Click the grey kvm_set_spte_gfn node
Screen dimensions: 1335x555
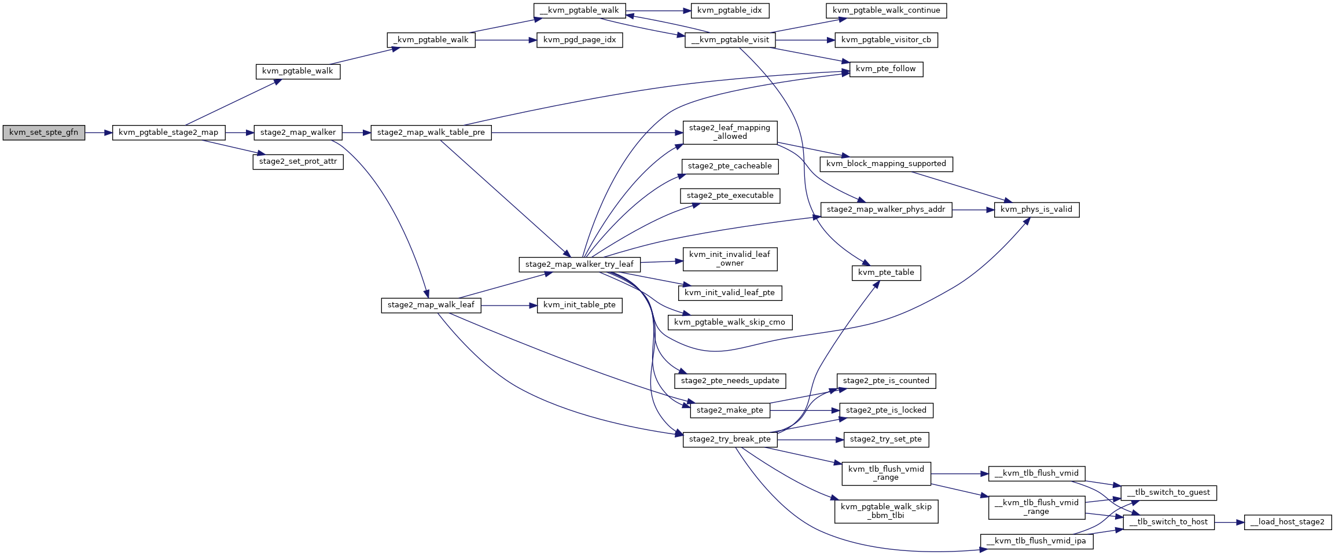tap(44, 133)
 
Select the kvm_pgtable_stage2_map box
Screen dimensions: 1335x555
tap(168, 133)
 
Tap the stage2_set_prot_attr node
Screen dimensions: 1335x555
tap(298, 161)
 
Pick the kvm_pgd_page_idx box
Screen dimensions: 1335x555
tap(580, 40)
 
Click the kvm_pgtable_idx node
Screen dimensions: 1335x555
tap(730, 10)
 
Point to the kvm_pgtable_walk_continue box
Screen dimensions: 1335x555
tap(887, 10)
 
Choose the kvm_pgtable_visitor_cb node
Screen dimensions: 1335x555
tap(886, 40)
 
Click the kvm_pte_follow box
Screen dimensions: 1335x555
tap(886, 69)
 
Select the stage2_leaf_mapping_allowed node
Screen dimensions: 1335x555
tap(730, 132)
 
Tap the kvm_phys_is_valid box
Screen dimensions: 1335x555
tap(1036, 209)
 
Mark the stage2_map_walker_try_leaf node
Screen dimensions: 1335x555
tap(579, 264)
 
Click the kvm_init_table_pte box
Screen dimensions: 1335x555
tap(579, 305)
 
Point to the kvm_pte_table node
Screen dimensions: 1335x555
tap(886, 273)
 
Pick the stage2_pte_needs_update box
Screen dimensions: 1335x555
tap(730, 381)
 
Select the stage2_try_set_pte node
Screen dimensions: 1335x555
tap(886, 439)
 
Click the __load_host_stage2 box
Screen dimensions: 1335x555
tap(1288, 522)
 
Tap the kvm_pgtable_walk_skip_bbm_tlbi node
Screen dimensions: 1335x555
tap(886, 511)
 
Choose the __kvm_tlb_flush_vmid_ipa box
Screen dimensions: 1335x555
tap(1036, 541)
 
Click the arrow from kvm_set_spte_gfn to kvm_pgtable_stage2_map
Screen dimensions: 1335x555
tap(98, 133)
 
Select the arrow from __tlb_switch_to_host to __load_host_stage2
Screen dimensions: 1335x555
tap(1229, 522)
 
